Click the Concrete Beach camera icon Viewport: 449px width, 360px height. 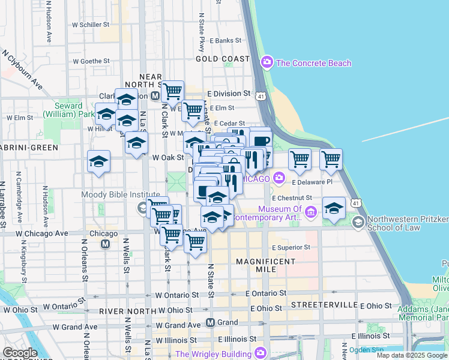click(267, 62)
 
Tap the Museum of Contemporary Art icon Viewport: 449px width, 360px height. click(311, 212)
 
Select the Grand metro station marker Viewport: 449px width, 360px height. click(211, 322)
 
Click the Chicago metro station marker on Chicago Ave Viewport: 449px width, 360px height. click(106, 244)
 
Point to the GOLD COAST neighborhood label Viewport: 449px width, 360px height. click(223, 59)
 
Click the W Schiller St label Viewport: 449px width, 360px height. click(91, 25)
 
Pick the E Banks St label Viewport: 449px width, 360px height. click(225, 41)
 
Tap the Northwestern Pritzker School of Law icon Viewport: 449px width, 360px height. click(358, 223)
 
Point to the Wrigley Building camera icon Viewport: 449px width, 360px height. click(260, 353)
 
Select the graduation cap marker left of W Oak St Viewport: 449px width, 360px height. click(99, 161)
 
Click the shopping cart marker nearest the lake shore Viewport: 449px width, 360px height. click(331, 159)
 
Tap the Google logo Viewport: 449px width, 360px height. click(20, 352)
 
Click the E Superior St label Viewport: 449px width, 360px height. click(291, 247)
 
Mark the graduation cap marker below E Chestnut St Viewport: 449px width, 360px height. click(334, 208)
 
